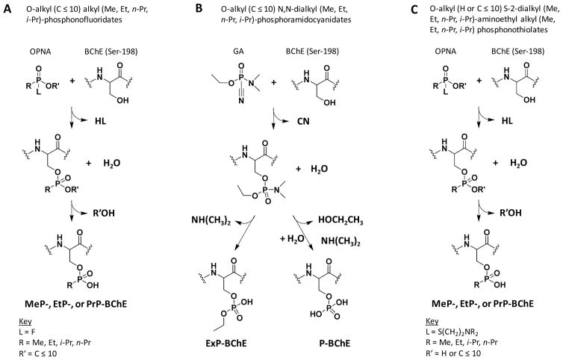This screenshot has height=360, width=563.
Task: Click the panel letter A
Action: point(6,7)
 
